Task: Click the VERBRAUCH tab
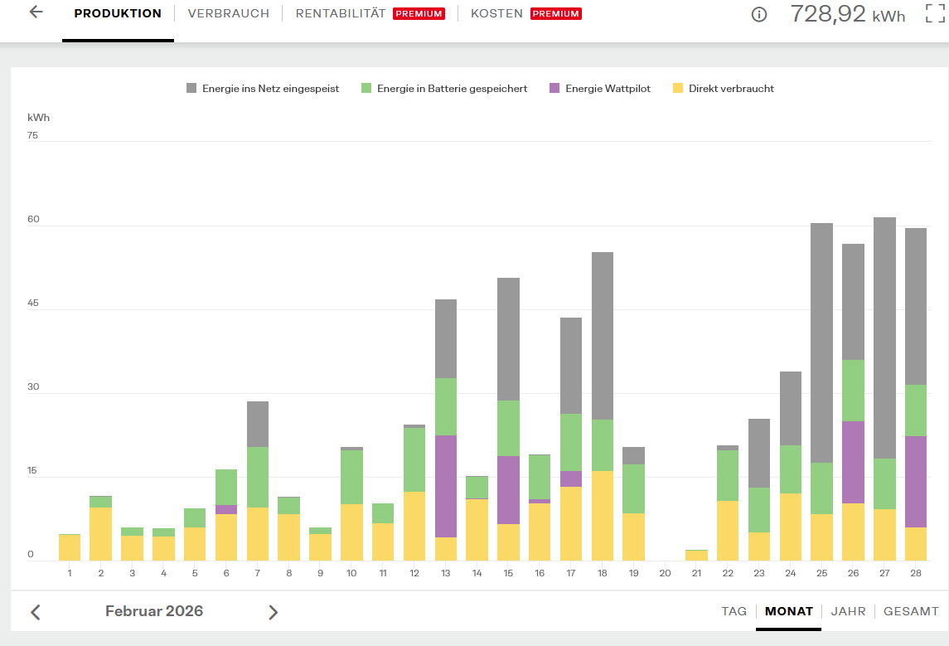click(x=228, y=13)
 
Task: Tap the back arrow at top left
click(x=36, y=12)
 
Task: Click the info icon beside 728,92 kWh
click(x=759, y=15)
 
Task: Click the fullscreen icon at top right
click(x=935, y=13)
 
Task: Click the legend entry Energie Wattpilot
click(x=600, y=89)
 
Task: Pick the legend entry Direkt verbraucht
click(x=724, y=89)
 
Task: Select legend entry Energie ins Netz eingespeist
click(x=263, y=89)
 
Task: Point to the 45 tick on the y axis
click(x=32, y=303)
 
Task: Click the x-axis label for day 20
click(x=666, y=573)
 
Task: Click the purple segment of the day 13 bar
click(x=446, y=486)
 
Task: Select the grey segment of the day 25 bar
click(x=822, y=343)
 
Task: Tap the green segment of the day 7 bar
click(x=258, y=477)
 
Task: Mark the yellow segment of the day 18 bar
click(x=603, y=516)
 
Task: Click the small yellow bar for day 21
click(x=696, y=555)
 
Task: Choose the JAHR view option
click(x=848, y=611)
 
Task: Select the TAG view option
click(x=734, y=611)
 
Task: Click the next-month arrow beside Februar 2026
click(x=273, y=612)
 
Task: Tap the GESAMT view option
click(x=911, y=611)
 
